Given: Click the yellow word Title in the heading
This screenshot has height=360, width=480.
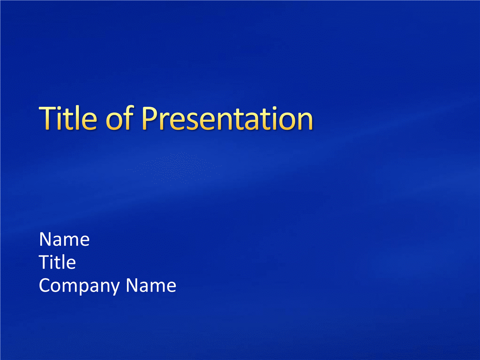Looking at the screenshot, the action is tap(68, 118).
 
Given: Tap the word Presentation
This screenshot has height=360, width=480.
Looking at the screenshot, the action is tap(227, 119).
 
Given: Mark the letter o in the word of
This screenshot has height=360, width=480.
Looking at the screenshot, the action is tap(114, 121).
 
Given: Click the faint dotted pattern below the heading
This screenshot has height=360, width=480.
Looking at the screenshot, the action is tap(173, 167).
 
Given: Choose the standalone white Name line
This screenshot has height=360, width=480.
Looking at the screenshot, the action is tap(64, 239).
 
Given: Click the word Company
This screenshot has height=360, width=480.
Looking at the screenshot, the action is tap(79, 286).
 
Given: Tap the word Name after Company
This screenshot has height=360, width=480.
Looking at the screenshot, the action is tap(151, 285).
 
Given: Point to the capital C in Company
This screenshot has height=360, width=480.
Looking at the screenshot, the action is tap(45, 285).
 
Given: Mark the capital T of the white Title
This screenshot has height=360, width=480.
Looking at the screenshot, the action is tap(45, 262).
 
